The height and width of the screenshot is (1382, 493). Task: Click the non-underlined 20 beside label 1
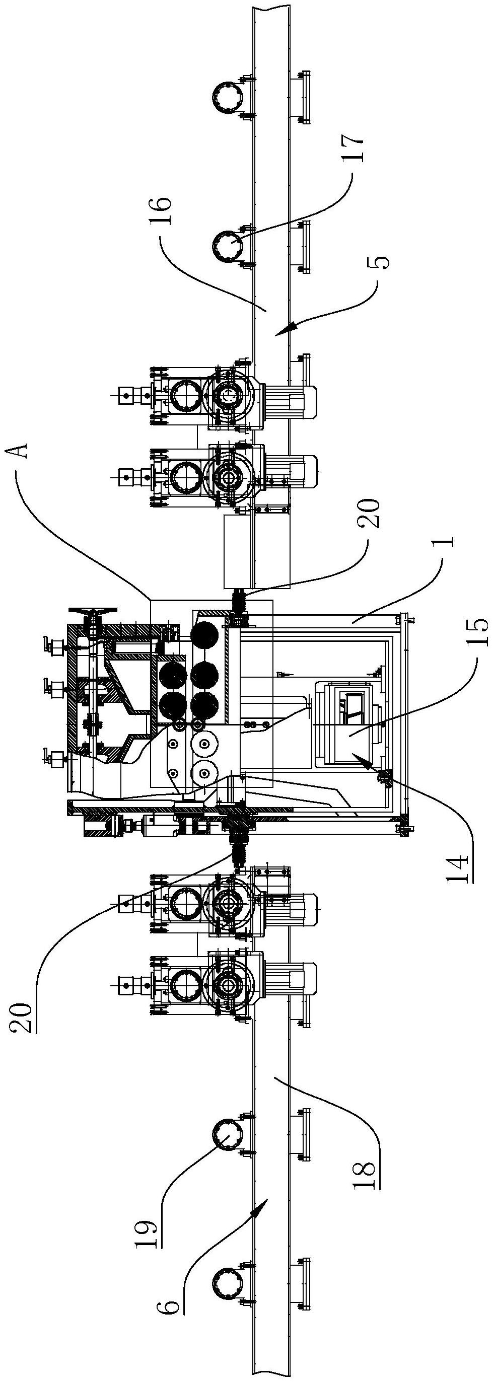point(371,514)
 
